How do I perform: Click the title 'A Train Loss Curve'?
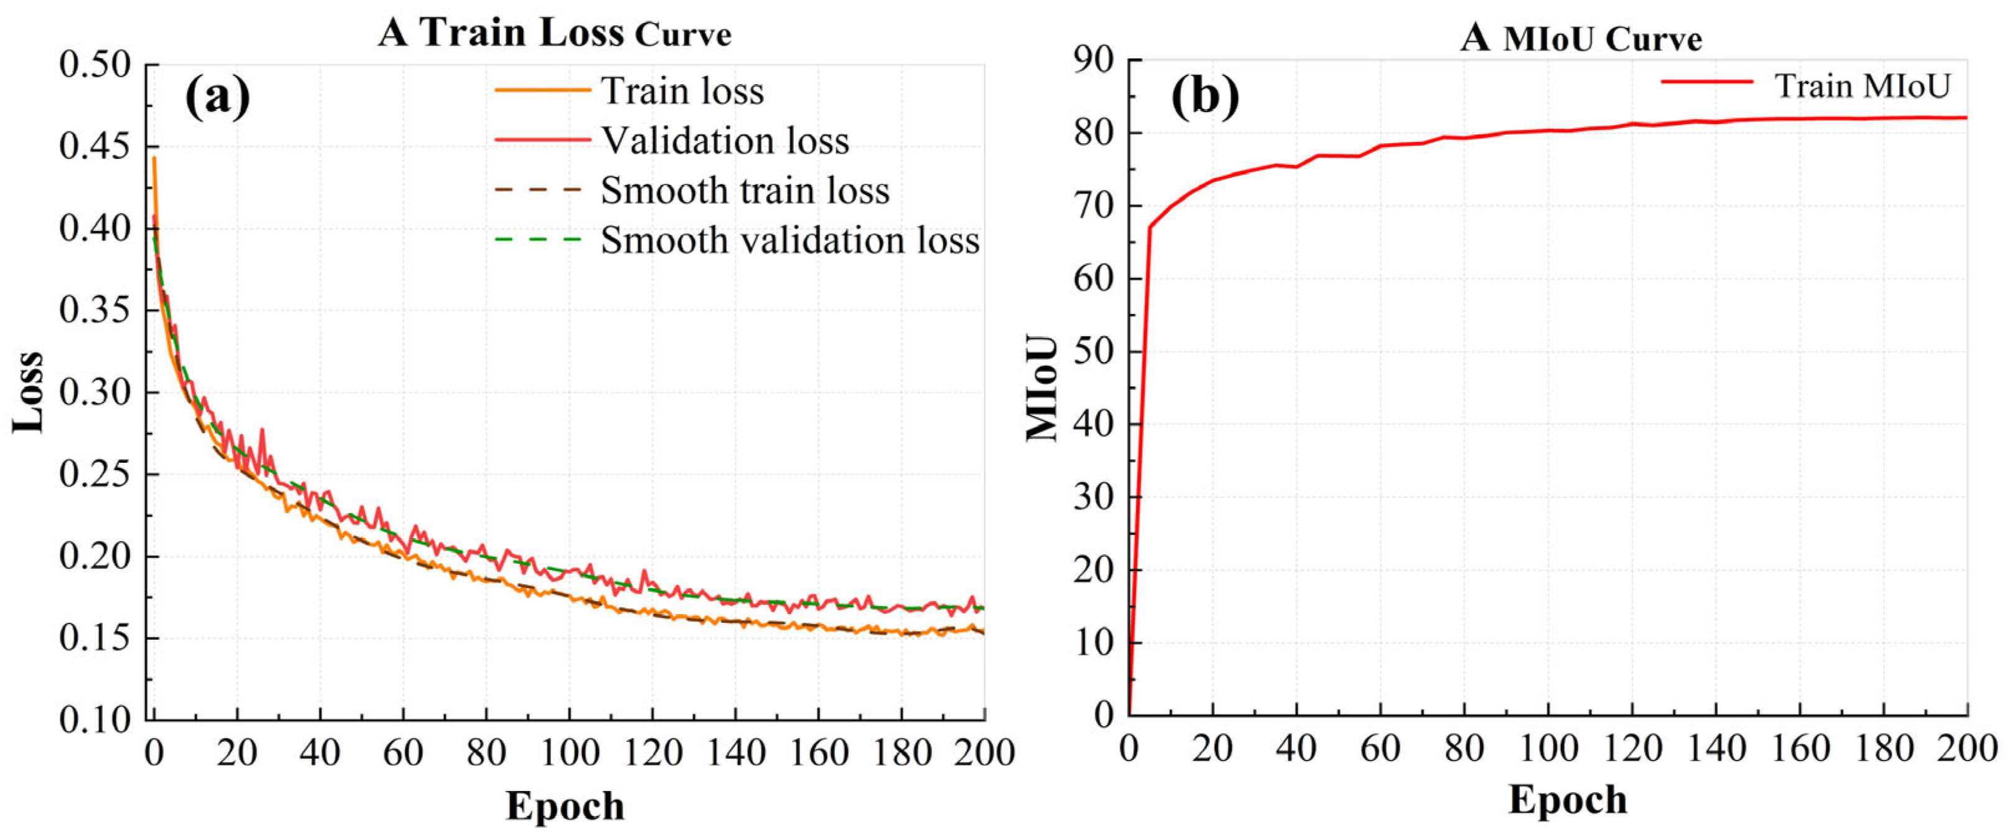(555, 34)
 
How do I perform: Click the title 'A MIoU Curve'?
(1580, 38)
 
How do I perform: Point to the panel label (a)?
(217, 97)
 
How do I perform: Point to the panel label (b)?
(1204, 97)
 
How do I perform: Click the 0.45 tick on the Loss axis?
(95, 146)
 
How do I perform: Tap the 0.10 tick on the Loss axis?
(95, 719)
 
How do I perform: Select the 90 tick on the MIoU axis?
(1093, 59)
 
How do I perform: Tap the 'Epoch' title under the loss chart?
(565, 806)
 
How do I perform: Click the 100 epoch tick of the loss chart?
(570, 752)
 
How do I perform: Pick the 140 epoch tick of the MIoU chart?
(1716, 749)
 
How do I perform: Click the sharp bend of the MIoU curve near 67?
(1149, 227)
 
